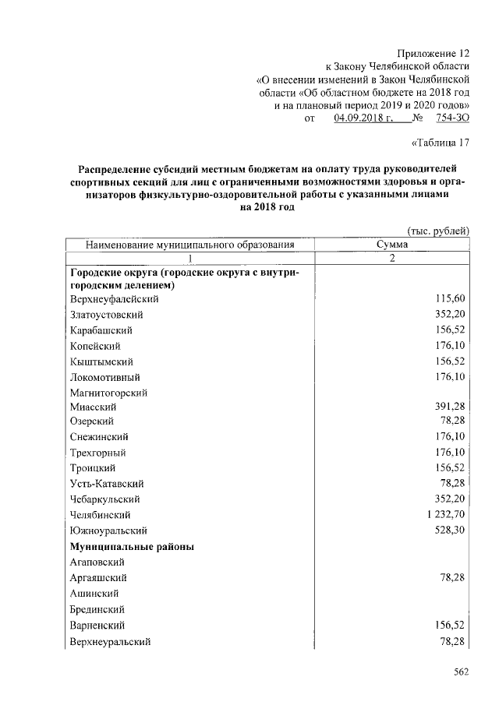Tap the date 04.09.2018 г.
[361, 118]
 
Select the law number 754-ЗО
[451, 118]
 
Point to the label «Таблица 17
[441, 142]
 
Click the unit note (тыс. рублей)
[438, 230]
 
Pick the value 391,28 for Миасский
[450, 407]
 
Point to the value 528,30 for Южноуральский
[450, 531]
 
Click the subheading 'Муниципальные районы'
[132, 547]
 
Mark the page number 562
[460, 674]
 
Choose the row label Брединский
[97, 609]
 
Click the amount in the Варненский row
[450, 626]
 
